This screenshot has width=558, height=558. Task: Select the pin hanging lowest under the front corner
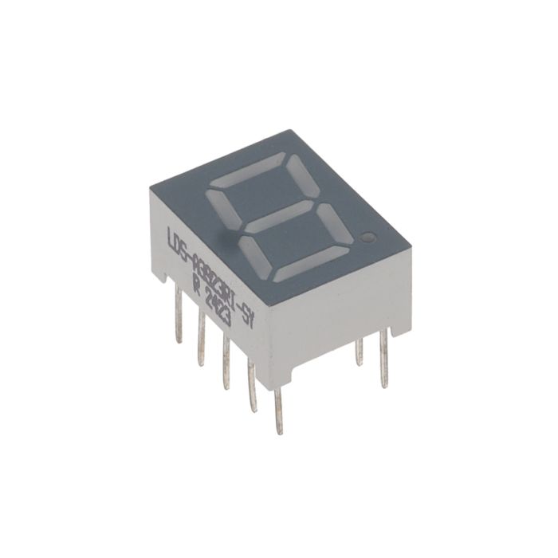click(x=278, y=410)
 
